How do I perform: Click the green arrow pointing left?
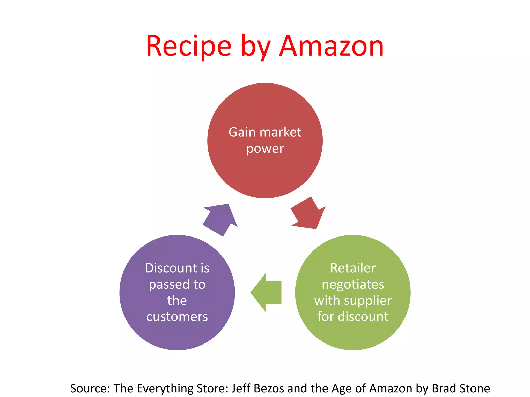[x=266, y=292]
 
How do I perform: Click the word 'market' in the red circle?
[x=281, y=132]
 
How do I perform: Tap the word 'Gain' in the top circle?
[x=242, y=132]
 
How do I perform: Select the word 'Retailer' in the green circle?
[x=353, y=268]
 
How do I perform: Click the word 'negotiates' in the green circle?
[x=353, y=285]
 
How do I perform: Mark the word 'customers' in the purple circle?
[x=177, y=317]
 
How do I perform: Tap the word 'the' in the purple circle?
[x=177, y=301]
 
